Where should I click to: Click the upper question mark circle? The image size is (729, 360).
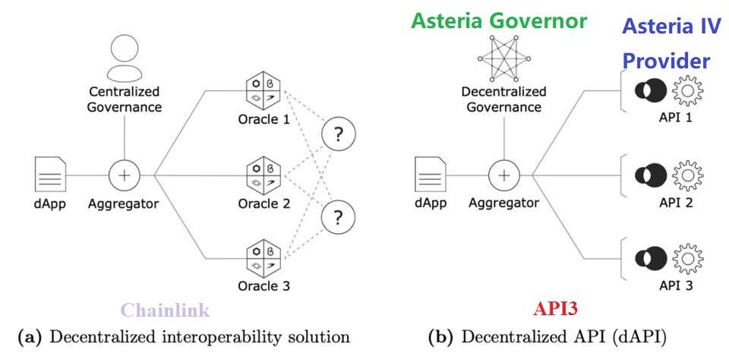[339, 136]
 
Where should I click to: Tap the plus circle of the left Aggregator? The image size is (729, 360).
[124, 175]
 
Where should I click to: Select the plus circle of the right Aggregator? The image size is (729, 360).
[503, 175]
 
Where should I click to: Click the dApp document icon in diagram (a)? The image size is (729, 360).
[49, 175]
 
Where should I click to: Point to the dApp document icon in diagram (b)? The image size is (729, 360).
[428, 175]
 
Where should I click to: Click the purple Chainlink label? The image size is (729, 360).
[165, 310]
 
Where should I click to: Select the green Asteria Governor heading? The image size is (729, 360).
[499, 21]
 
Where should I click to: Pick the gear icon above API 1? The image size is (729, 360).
[688, 92]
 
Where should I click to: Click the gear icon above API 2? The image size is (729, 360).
[688, 175]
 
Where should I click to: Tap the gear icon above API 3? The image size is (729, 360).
[688, 259]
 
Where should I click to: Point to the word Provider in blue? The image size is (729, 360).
[666, 61]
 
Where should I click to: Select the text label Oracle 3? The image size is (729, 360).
[264, 286]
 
